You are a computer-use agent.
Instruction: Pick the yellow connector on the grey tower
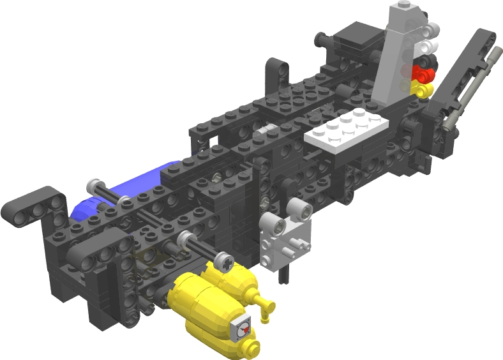coord(423,90)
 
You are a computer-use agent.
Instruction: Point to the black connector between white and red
coord(426,61)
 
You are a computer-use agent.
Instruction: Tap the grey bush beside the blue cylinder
coord(96,186)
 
